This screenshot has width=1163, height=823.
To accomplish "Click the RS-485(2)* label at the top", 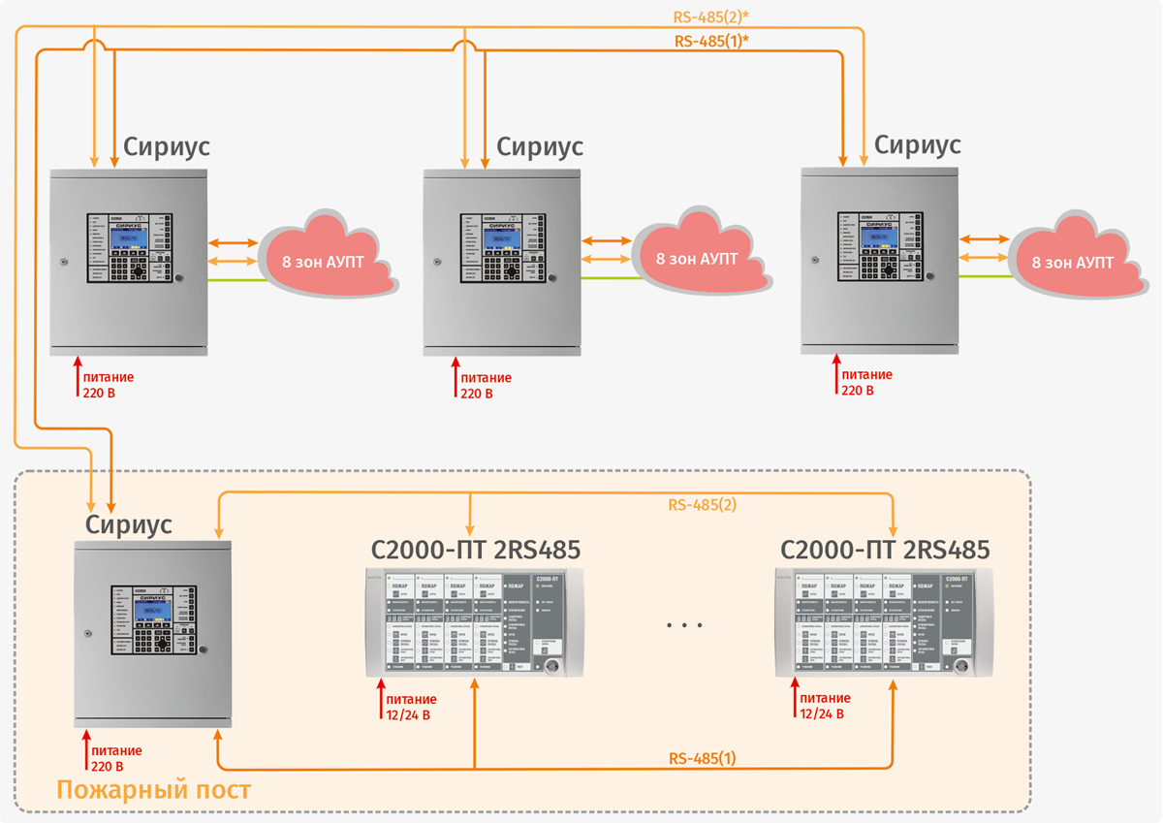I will click(x=711, y=16).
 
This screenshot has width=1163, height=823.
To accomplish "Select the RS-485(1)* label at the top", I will click(x=711, y=42).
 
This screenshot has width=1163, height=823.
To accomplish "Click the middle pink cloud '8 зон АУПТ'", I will click(x=697, y=259).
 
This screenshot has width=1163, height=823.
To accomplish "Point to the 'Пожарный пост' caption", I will click(x=153, y=790).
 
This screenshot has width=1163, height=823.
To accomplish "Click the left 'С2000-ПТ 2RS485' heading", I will click(x=476, y=551).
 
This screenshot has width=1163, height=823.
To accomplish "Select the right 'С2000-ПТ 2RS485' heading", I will click(x=885, y=551).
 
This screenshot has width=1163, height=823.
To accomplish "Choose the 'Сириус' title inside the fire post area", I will click(x=129, y=524).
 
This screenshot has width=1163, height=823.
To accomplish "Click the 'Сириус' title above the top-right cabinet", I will click(x=917, y=144).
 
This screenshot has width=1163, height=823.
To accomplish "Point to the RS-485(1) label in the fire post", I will click(x=703, y=758).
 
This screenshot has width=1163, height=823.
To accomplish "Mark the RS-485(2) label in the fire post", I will click(x=703, y=505).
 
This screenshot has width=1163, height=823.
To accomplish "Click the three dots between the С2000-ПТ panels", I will click(x=684, y=625).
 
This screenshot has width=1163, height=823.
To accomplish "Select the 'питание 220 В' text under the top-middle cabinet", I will click(x=485, y=386).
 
